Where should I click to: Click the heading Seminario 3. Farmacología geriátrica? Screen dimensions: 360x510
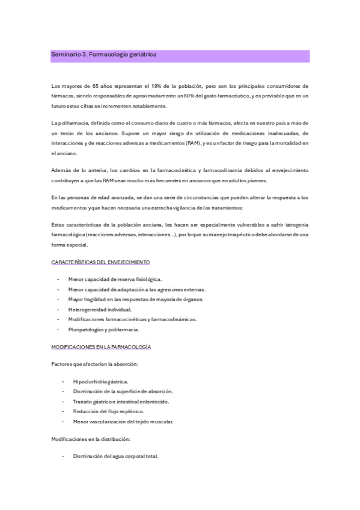click(x=104, y=54)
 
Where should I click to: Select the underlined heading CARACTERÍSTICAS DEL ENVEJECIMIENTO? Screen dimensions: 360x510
click(x=100, y=262)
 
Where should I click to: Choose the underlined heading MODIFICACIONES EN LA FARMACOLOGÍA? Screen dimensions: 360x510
click(x=101, y=347)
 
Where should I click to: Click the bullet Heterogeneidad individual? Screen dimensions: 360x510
click(x=100, y=309)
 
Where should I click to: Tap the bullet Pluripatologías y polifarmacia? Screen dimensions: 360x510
click(x=104, y=329)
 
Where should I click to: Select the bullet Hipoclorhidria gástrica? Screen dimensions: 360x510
click(x=100, y=381)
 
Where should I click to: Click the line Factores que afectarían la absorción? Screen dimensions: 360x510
click(x=95, y=364)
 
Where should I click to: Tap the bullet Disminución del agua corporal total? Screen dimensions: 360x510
click(x=115, y=456)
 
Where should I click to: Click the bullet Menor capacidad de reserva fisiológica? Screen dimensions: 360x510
click(x=115, y=279)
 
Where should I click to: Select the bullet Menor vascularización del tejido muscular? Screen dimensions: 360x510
click(x=123, y=422)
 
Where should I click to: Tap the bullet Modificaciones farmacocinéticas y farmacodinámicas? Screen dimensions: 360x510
click(x=132, y=319)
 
